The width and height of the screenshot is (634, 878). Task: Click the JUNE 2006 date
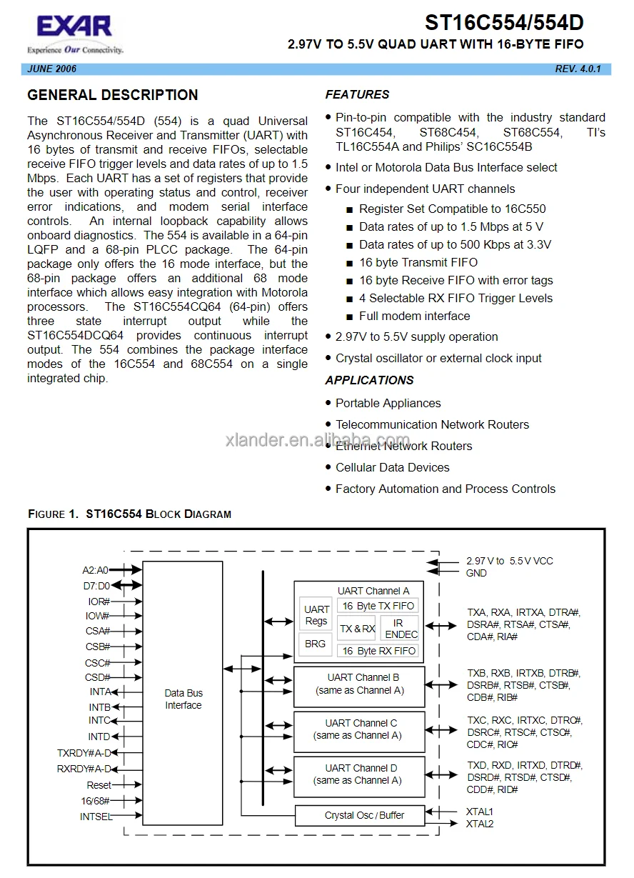tap(51, 69)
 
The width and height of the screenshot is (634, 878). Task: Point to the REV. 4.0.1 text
tap(578, 69)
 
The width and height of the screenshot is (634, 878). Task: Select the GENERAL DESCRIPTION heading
tap(112, 95)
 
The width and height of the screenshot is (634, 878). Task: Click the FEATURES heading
tap(357, 94)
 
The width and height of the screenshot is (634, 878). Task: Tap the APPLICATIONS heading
tap(369, 380)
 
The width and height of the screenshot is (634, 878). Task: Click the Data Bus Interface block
tap(183, 699)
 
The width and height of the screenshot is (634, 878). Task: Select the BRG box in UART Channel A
tap(315, 644)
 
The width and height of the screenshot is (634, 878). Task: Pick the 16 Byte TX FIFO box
tap(378, 606)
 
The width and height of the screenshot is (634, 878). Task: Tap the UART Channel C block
tap(358, 729)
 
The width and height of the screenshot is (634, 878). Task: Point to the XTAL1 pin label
tap(479, 812)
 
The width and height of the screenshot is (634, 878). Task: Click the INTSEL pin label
tap(96, 817)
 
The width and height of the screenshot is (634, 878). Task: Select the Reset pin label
tap(99, 785)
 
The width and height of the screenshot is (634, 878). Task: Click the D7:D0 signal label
tap(96, 586)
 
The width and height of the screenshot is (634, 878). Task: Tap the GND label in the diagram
tap(476, 573)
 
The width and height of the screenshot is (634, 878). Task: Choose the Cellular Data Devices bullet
tap(392, 467)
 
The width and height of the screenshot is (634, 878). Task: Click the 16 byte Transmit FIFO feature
tap(418, 262)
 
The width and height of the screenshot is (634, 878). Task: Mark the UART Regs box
tap(316, 615)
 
